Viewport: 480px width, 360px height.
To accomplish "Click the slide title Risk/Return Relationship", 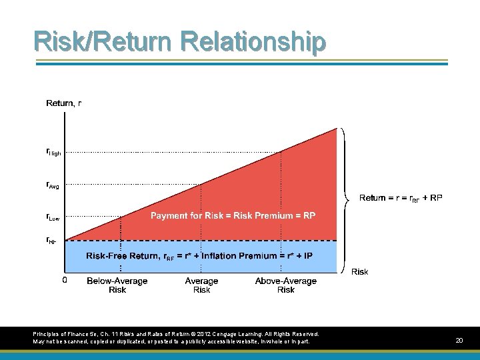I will (180, 41).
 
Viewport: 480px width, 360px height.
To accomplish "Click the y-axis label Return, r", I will (64, 103).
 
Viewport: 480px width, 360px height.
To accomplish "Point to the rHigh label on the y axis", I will (53, 153).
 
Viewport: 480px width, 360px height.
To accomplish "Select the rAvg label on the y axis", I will (53, 185).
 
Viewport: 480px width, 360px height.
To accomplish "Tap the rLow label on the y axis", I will (53, 217).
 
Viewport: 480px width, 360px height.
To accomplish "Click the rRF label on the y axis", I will (51, 240).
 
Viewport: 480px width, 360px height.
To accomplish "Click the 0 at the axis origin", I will (65, 281).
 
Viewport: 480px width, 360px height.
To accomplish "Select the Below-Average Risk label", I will (117, 285).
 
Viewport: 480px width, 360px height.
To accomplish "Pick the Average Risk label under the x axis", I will (201, 285).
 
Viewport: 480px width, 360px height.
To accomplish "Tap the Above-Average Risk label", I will (285, 285).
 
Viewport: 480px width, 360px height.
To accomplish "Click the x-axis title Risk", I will (359, 271).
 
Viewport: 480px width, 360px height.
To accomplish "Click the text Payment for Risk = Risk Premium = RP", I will (233, 215).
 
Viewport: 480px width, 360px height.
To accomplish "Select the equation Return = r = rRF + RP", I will (400, 198).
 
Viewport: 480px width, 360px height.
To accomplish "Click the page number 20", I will (459, 341).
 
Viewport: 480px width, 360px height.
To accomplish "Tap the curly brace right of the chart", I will (345, 198).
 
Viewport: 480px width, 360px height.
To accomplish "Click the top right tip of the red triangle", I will (337, 129).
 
